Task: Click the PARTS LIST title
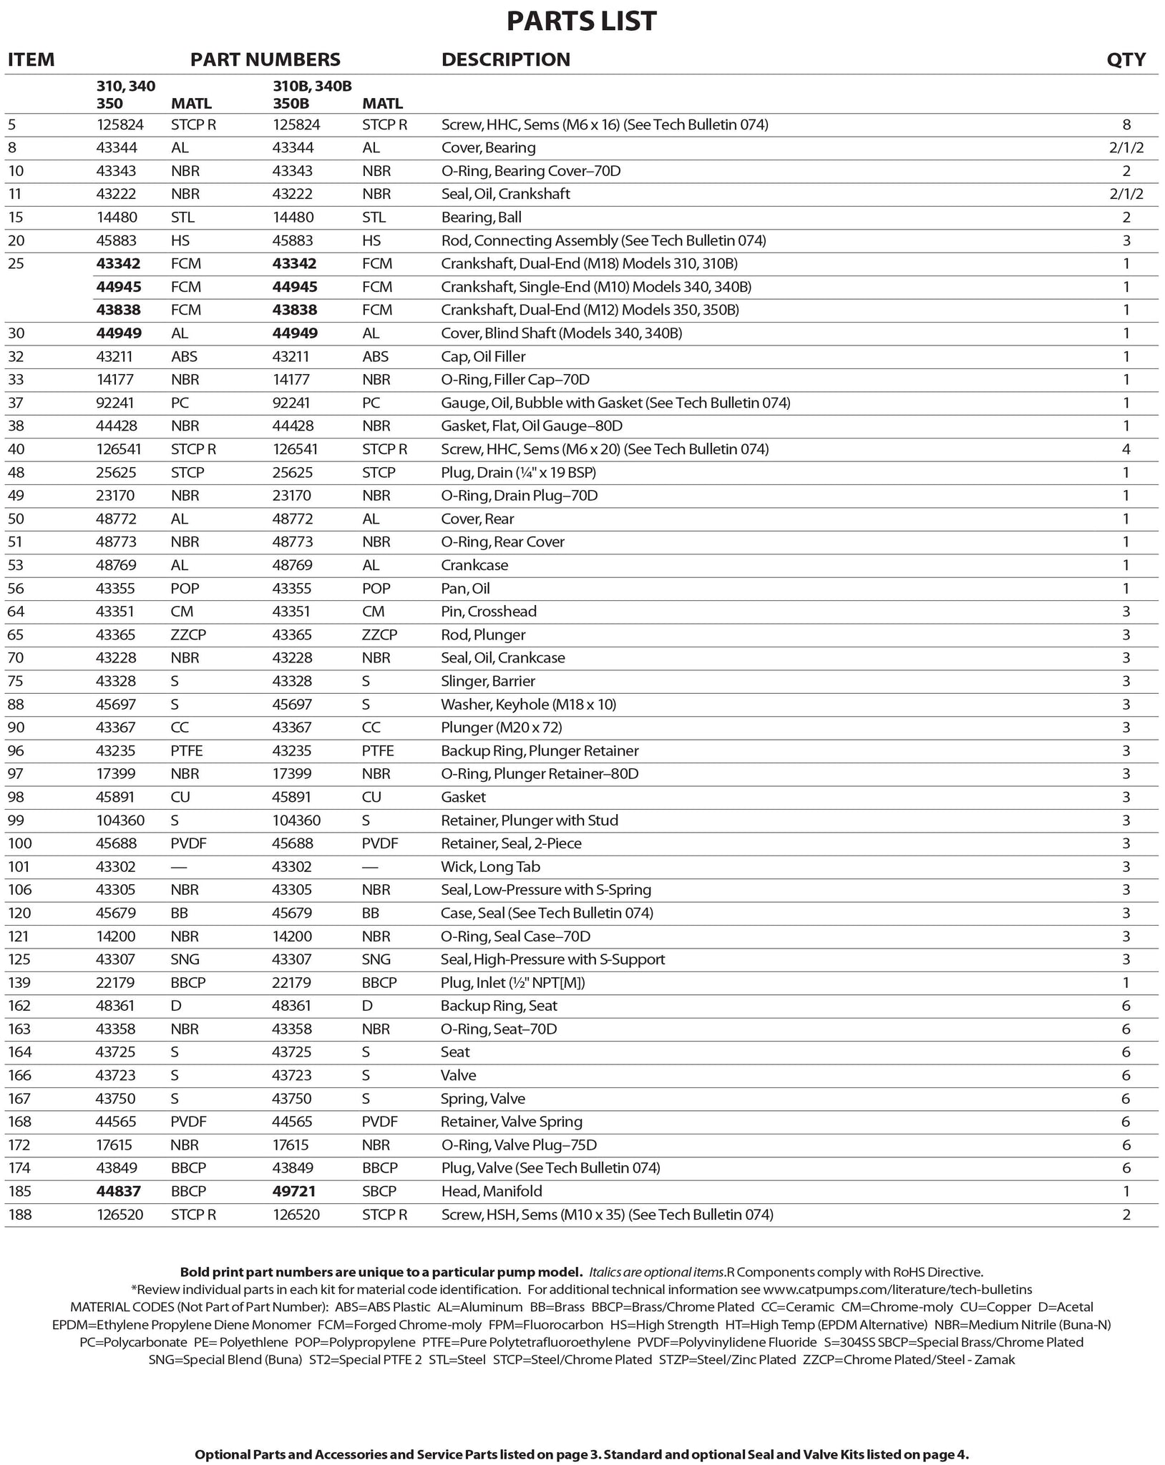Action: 581,21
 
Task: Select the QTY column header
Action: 1126,59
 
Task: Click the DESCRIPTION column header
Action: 505,59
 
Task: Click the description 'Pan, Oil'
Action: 465,589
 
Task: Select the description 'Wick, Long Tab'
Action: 490,867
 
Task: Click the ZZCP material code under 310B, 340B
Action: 380,635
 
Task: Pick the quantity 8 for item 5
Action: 1126,125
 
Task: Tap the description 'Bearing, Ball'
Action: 481,217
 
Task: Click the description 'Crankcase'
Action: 474,565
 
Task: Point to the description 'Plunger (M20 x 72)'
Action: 501,727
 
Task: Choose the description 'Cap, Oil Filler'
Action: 483,356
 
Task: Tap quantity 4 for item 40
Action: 1126,449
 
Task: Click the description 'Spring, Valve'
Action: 483,1099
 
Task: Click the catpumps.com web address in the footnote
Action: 897,1290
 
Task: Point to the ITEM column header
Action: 31,59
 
